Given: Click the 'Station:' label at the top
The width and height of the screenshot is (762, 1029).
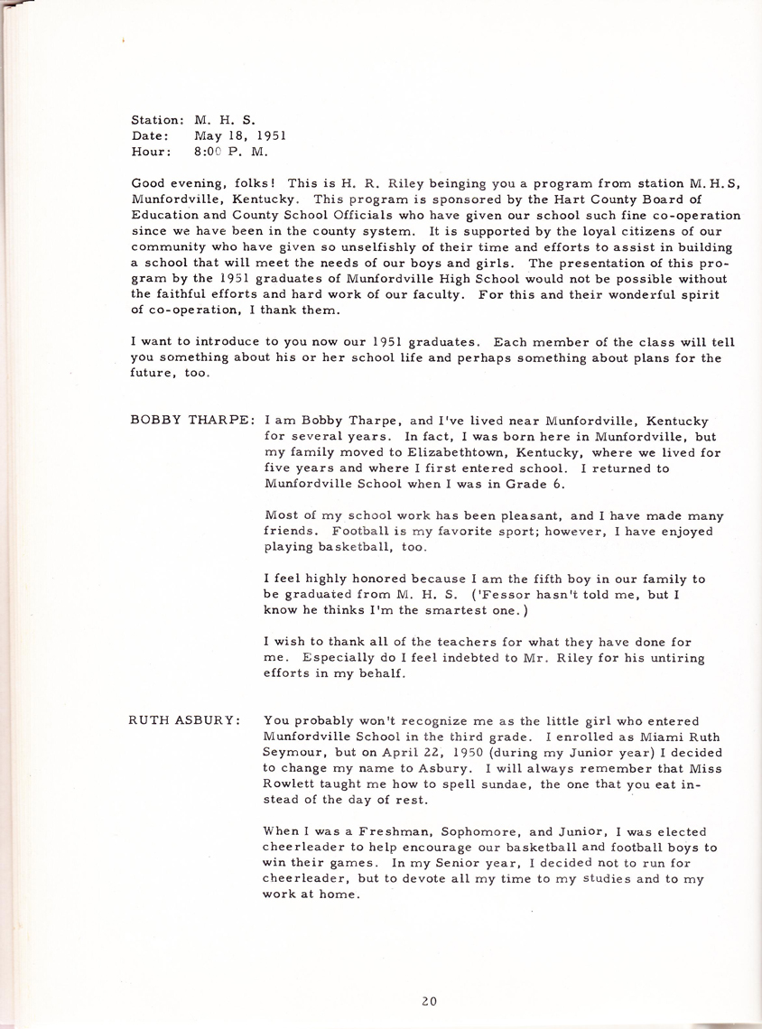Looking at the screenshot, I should tap(157, 119).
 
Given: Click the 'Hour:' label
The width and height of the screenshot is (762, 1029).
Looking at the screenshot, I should tap(151, 152).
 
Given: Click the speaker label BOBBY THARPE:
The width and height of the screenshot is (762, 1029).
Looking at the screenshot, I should tap(192, 421).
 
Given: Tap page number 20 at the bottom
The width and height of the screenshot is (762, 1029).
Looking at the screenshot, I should tap(430, 999).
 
